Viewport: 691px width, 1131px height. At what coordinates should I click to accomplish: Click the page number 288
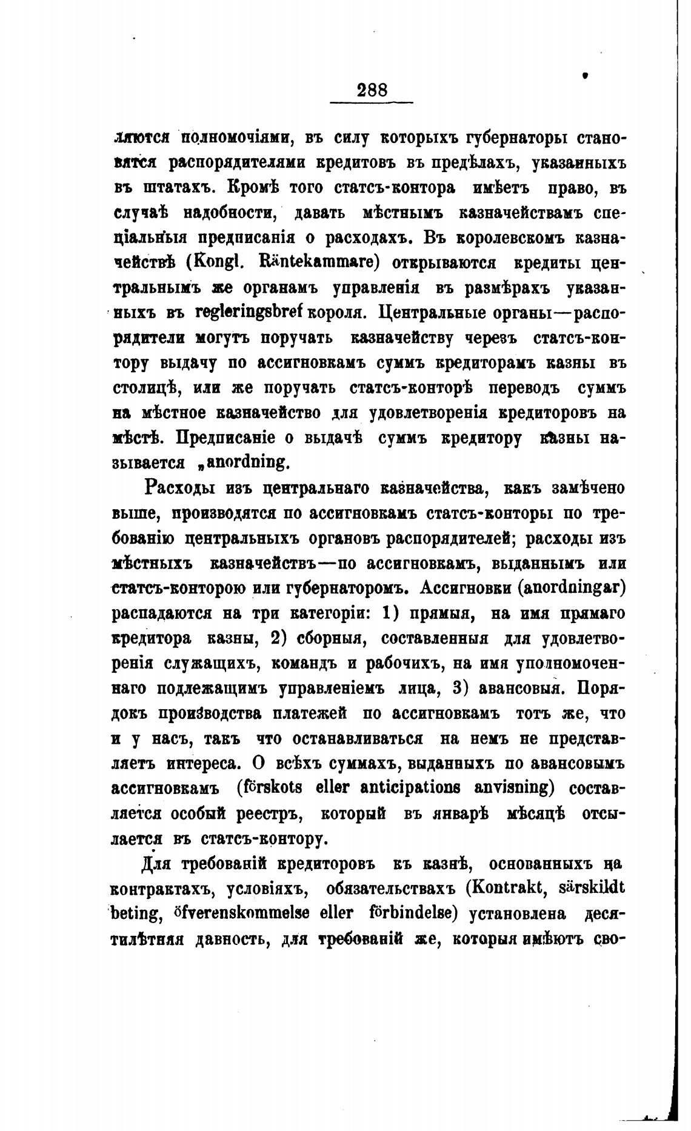(372, 90)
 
